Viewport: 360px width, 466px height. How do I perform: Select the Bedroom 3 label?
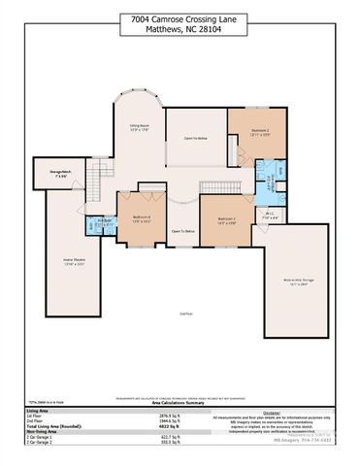[x=226, y=220]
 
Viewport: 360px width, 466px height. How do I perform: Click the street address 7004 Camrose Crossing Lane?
[x=180, y=18]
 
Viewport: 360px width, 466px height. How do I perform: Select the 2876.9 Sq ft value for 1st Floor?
[x=171, y=415]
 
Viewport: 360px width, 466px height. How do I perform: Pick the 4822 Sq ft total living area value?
[x=172, y=426]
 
